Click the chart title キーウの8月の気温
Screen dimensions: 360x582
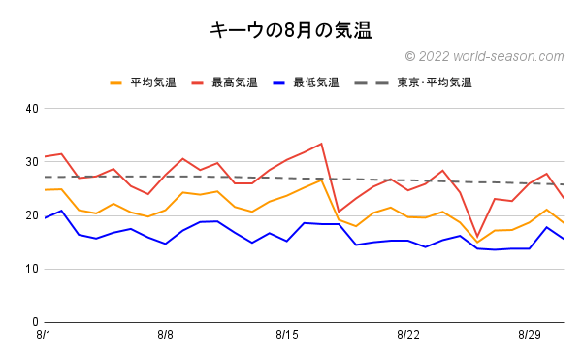(x=291, y=30)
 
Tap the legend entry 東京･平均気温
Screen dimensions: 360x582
(x=434, y=82)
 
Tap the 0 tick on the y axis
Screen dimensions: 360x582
(x=34, y=322)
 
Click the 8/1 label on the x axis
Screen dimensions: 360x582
(x=44, y=335)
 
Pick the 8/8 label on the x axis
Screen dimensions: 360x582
(x=165, y=335)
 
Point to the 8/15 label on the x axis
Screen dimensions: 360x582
(x=286, y=335)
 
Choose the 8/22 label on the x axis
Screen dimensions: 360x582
(x=408, y=335)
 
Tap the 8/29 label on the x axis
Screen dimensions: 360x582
(x=530, y=335)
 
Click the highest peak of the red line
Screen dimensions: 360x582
(x=321, y=144)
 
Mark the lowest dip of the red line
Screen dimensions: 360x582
(x=477, y=236)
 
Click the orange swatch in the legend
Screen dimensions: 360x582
(x=117, y=82)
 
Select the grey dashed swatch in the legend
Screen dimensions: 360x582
(x=380, y=82)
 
